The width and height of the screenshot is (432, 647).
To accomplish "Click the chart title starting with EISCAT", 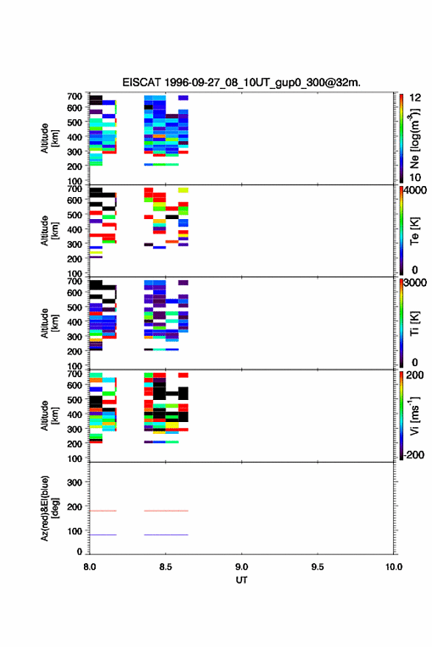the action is pyautogui.click(x=241, y=82).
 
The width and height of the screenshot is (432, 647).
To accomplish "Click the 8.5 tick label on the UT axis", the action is pyautogui.click(x=165, y=567).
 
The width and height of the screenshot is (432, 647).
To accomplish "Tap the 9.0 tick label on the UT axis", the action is pyautogui.click(x=241, y=567).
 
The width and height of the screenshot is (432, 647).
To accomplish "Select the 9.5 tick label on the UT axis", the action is pyautogui.click(x=317, y=567).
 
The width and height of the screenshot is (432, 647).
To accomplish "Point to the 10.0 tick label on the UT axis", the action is pyautogui.click(x=394, y=567).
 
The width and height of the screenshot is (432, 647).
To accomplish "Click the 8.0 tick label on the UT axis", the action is pyautogui.click(x=89, y=567).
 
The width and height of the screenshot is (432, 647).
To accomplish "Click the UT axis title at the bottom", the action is pyautogui.click(x=241, y=580).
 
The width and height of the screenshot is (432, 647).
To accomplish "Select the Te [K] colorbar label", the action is pyautogui.click(x=414, y=231).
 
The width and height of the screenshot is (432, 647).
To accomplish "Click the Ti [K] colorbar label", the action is pyautogui.click(x=414, y=323).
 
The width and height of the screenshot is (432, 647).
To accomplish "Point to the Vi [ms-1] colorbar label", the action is pyautogui.click(x=414, y=415).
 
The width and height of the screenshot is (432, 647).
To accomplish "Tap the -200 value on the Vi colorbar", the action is pyautogui.click(x=414, y=454).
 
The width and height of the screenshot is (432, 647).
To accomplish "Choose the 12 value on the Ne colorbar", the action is pyautogui.click(x=415, y=98).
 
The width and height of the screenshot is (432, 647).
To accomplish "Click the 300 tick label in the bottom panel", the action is pyautogui.click(x=75, y=482).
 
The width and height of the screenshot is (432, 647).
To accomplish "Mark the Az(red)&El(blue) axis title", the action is pyautogui.click(x=49, y=508).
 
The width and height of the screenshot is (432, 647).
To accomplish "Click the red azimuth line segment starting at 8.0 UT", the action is pyautogui.click(x=103, y=511).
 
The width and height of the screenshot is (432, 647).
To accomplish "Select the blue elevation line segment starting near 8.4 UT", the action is pyautogui.click(x=166, y=535).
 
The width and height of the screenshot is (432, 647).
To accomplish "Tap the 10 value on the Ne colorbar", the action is pyautogui.click(x=415, y=177).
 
